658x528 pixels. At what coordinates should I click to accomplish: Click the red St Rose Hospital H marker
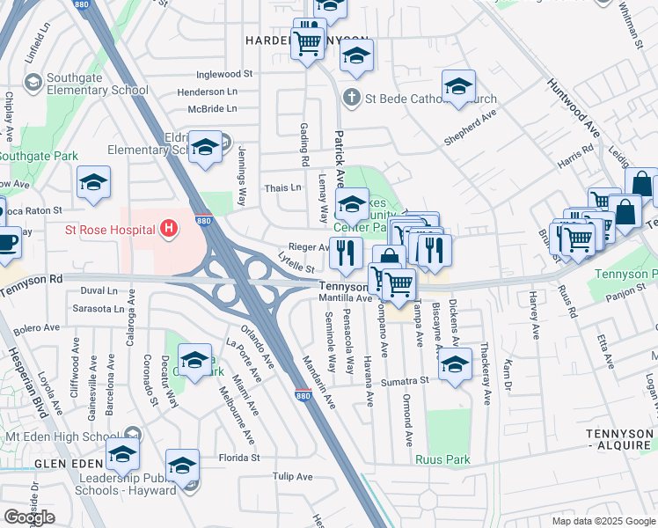[170, 231]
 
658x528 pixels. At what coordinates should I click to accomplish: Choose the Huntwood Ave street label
[574, 108]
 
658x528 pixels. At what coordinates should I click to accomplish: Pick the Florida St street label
[239, 458]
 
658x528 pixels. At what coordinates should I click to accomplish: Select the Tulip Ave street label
[292, 477]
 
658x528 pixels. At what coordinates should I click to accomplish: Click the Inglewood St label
[224, 75]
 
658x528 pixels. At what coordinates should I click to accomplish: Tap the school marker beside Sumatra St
[455, 363]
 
